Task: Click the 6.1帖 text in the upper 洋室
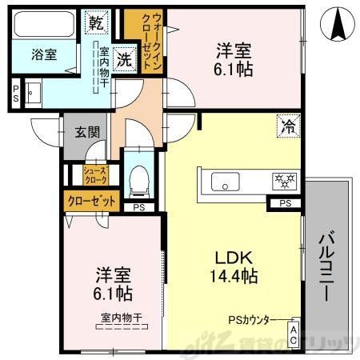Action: [x=234, y=70]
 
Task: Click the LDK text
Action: [x=233, y=258]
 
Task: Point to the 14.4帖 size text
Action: [x=233, y=278]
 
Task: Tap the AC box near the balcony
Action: [x=294, y=335]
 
